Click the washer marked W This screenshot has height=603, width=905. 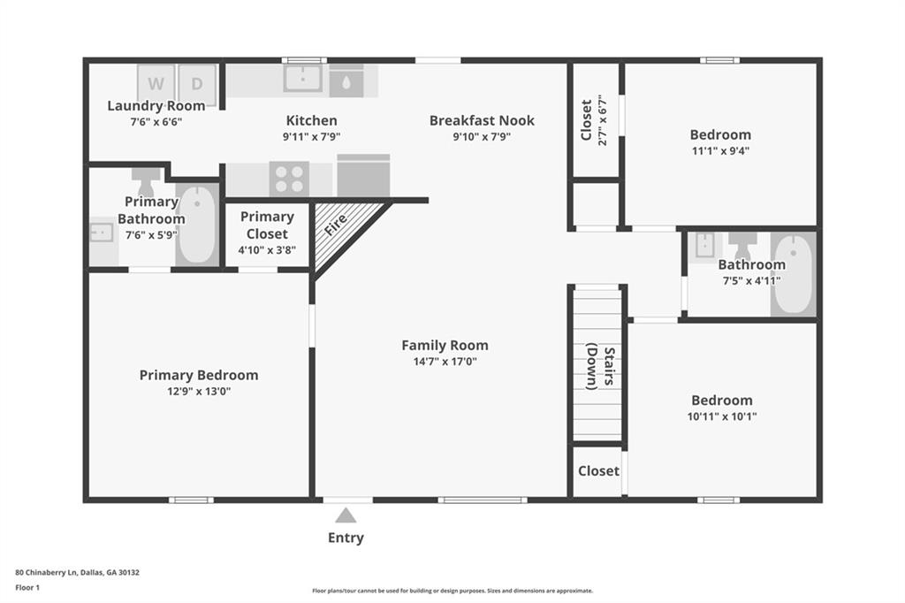(156, 84)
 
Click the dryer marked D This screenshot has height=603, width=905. (197, 84)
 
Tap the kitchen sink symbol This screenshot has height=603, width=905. (303, 79)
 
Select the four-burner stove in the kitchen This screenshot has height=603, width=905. (289, 178)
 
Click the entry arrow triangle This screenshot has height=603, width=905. (346, 515)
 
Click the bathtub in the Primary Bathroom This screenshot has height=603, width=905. (197, 224)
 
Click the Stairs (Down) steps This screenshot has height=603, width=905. (597, 364)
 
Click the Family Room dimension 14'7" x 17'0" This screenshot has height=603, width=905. (445, 361)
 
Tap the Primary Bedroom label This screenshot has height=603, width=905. (199, 375)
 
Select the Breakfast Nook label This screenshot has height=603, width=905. (482, 120)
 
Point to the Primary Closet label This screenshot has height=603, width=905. (267, 225)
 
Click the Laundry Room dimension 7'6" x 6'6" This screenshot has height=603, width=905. (156, 122)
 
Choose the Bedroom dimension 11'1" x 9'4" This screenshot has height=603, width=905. (720, 150)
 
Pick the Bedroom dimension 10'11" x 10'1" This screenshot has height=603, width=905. (722, 416)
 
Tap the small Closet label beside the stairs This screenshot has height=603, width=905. (598, 470)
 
